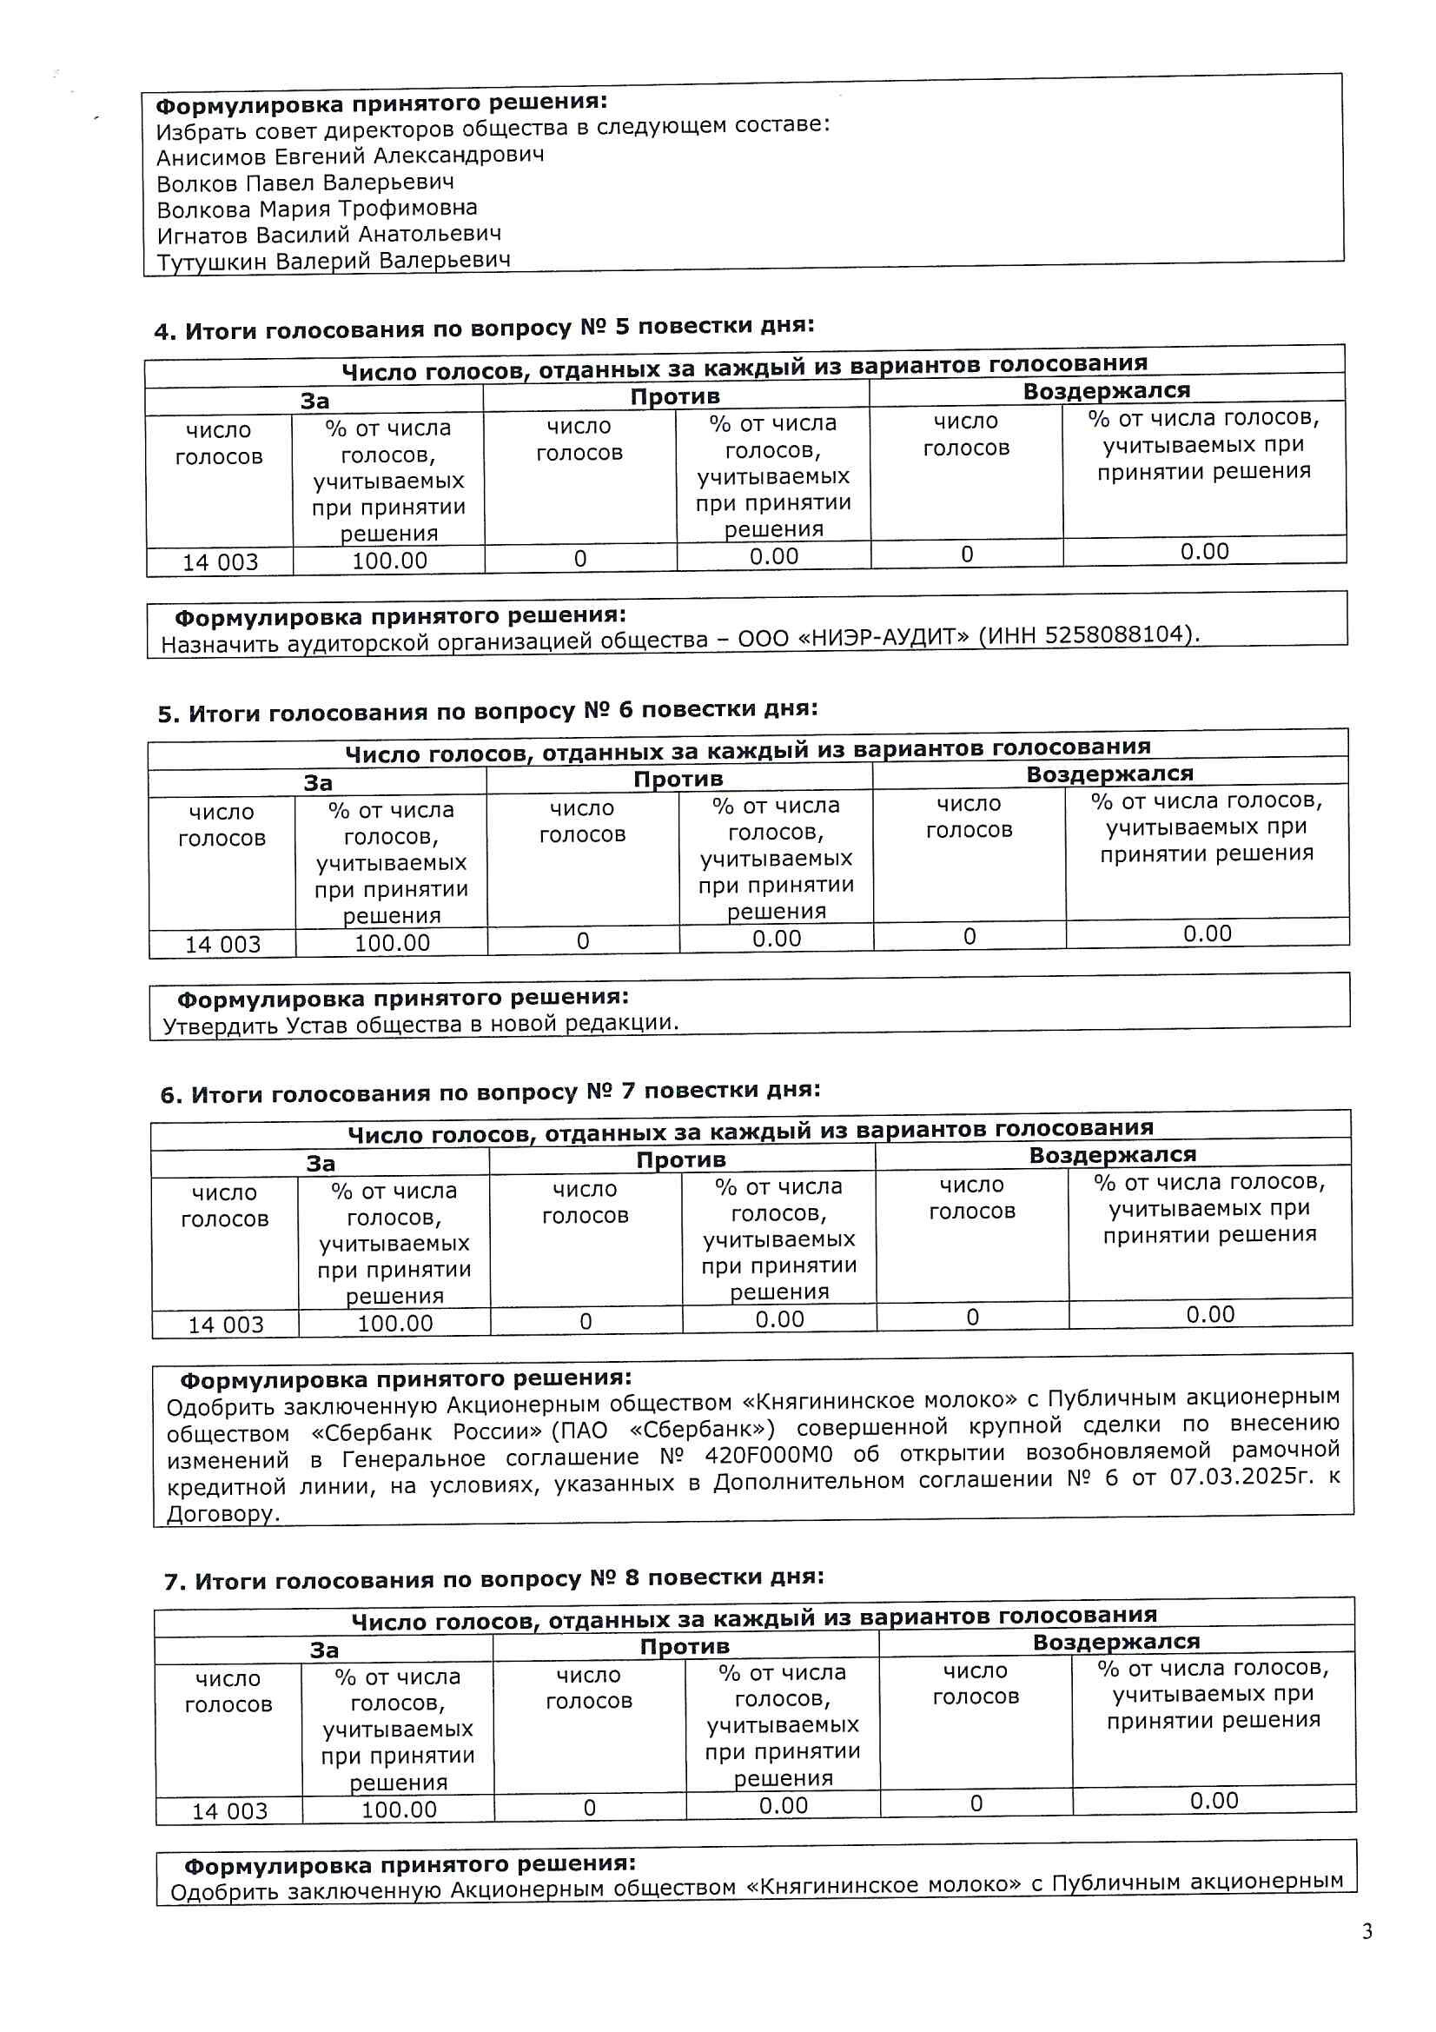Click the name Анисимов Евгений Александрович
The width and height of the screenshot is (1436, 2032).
(350, 156)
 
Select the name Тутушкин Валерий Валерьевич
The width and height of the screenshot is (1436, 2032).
(334, 261)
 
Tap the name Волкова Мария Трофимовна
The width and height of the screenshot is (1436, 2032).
(317, 209)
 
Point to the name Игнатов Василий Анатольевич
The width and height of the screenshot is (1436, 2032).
(329, 235)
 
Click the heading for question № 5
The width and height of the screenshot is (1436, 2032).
(484, 329)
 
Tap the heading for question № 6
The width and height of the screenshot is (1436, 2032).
(487, 712)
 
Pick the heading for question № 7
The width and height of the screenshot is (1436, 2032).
(490, 1093)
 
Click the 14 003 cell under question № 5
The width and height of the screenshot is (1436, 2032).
(220, 562)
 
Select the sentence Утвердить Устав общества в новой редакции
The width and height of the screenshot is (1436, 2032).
(421, 1024)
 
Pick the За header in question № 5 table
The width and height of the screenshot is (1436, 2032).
(314, 401)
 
